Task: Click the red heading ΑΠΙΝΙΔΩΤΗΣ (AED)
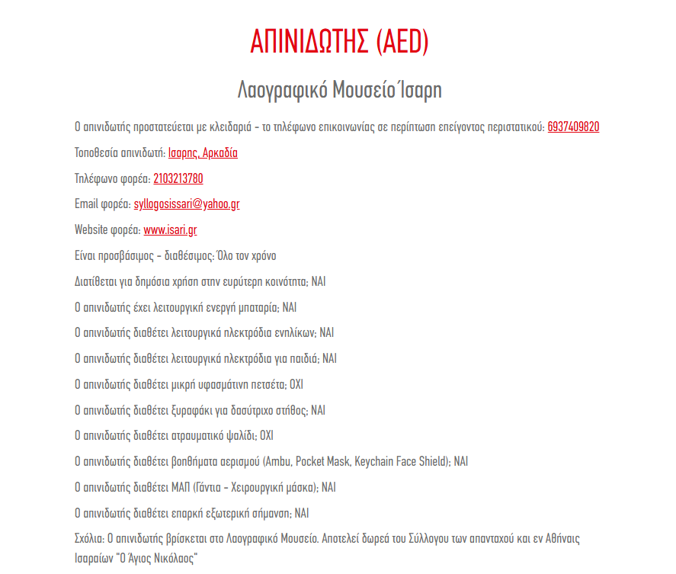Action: pyautogui.click(x=339, y=41)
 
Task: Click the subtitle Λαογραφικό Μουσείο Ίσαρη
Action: pyautogui.click(x=339, y=89)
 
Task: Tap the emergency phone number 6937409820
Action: pyautogui.click(x=573, y=127)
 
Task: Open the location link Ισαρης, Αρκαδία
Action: pyautogui.click(x=203, y=153)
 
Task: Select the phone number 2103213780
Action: pyautogui.click(x=178, y=179)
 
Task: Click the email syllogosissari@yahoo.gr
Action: pyautogui.click(x=187, y=204)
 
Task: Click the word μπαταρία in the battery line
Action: pyautogui.click(x=258, y=307)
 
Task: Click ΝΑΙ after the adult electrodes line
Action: pyautogui.click(x=326, y=333)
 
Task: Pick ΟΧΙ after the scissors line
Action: pyautogui.click(x=266, y=436)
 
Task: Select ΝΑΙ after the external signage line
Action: pyautogui.click(x=302, y=513)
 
